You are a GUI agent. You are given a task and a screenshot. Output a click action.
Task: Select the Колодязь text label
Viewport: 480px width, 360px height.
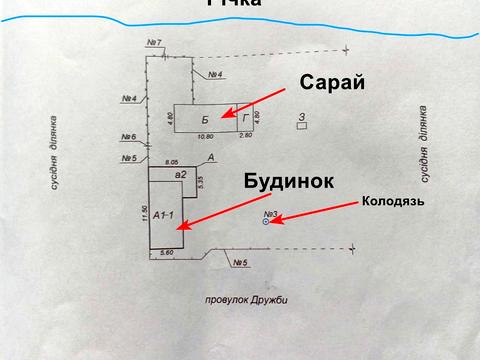coord(393,202)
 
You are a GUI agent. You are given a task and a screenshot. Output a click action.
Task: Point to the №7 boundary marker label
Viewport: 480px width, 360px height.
coord(155,42)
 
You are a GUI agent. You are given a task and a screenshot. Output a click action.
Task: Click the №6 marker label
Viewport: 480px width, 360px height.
coord(129,136)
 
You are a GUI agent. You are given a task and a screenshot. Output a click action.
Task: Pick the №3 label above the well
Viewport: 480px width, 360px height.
coord(270,213)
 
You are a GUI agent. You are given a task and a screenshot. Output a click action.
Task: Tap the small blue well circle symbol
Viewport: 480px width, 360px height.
coord(265,222)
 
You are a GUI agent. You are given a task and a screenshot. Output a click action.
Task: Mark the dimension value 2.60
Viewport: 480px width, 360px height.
coord(246,136)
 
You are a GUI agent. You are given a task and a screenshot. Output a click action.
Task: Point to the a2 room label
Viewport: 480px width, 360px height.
coord(181,175)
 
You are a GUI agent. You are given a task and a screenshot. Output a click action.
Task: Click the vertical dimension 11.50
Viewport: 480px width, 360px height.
coord(145,213)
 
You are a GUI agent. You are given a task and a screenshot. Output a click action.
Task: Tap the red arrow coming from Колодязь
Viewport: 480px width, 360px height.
coord(315,211)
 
